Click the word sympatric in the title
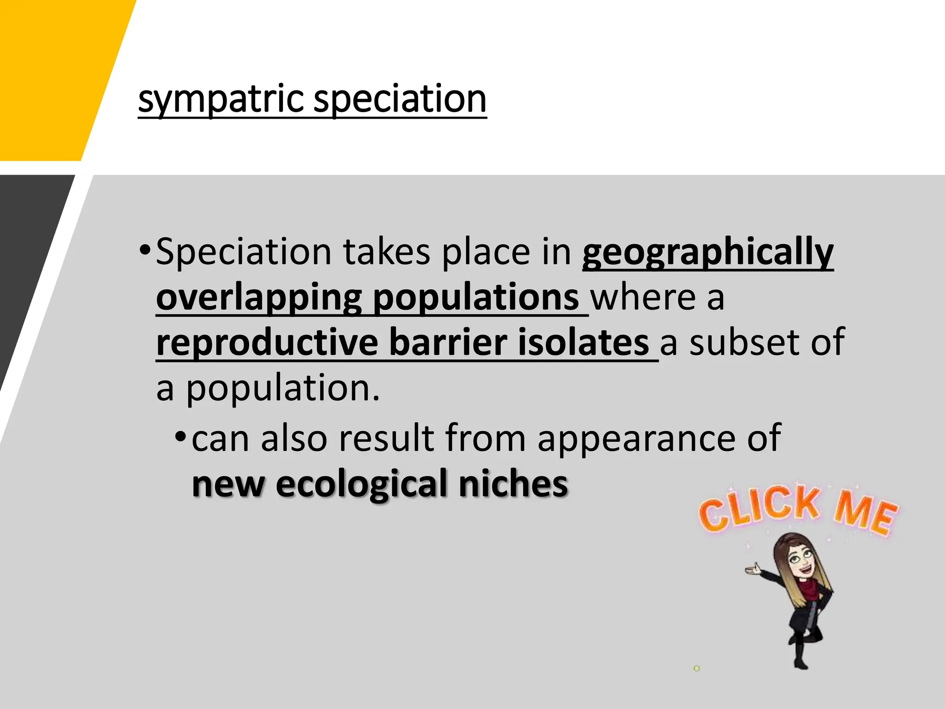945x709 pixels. (x=221, y=99)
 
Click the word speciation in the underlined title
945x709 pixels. (x=400, y=99)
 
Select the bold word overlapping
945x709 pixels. (x=259, y=298)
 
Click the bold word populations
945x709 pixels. (x=475, y=298)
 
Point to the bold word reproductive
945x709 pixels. (x=267, y=342)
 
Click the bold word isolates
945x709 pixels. (x=583, y=342)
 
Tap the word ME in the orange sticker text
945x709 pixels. (x=866, y=512)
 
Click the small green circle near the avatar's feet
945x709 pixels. (x=697, y=668)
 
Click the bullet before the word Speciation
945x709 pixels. (x=144, y=251)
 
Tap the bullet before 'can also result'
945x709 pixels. (x=180, y=437)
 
